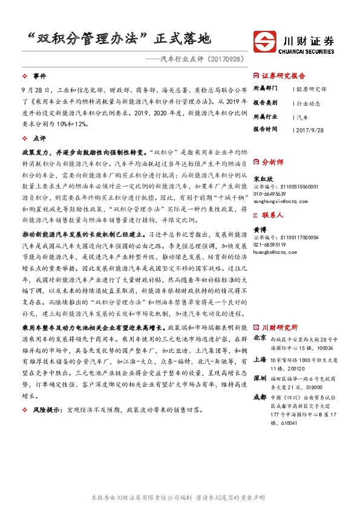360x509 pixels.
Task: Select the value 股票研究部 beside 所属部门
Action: (x=312, y=89)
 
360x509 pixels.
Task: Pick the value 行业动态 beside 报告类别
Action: (x=309, y=102)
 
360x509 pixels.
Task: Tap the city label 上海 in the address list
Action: (x=259, y=359)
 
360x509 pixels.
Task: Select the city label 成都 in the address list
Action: (x=259, y=397)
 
